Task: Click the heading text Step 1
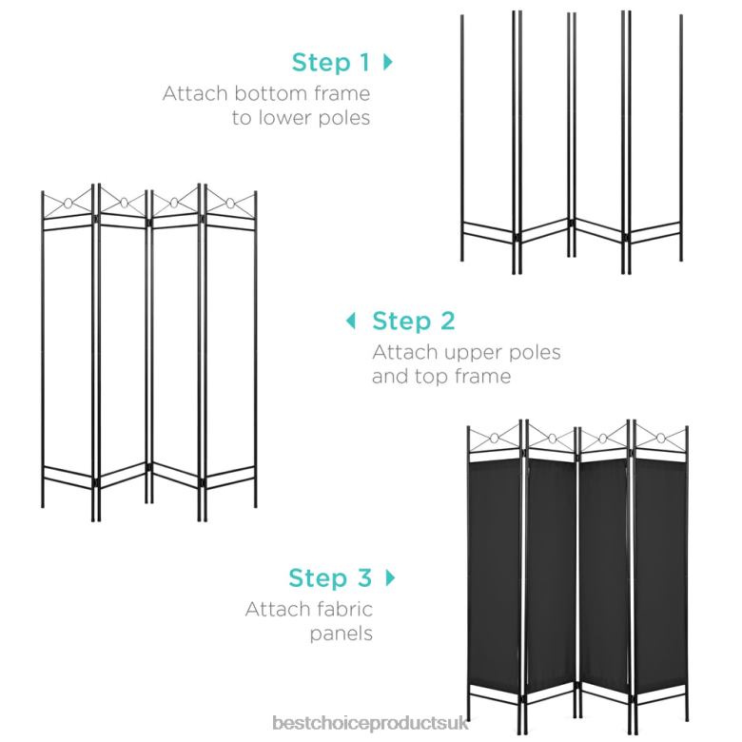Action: click(331, 63)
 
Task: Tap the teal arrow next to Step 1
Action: click(387, 63)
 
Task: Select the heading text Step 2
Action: click(413, 320)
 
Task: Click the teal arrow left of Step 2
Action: click(351, 320)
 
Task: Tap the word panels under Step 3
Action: click(341, 633)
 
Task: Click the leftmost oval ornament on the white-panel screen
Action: click(69, 203)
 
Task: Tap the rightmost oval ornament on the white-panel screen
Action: click(230, 203)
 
